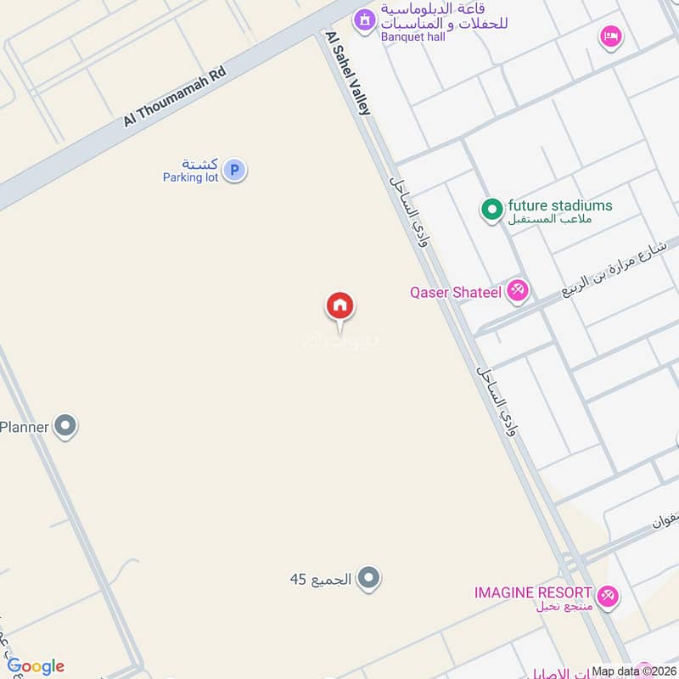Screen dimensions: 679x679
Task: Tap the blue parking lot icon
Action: click(235, 171)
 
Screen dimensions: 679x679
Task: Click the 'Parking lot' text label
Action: click(191, 177)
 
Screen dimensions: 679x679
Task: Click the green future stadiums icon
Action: click(492, 209)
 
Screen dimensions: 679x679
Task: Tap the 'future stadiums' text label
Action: click(559, 205)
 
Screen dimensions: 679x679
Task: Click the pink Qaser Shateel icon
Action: click(518, 292)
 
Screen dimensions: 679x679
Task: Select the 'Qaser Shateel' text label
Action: click(455, 293)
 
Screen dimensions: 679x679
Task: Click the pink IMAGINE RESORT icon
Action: click(608, 596)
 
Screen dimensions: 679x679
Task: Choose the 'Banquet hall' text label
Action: click(416, 36)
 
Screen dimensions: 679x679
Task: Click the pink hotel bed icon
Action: click(610, 36)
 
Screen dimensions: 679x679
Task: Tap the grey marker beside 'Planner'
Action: click(65, 426)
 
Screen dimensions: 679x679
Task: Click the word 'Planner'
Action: click(24, 427)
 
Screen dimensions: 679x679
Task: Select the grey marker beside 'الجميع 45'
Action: click(368, 580)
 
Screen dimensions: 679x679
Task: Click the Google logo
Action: click(36, 666)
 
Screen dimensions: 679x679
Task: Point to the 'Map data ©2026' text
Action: click(633, 671)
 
